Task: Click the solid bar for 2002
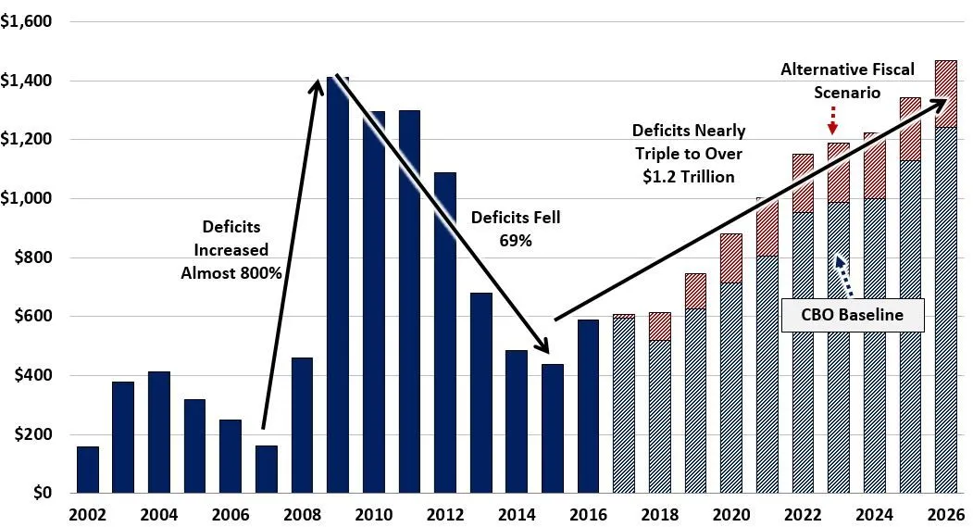click(x=88, y=470)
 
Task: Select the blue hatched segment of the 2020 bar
click(x=731, y=388)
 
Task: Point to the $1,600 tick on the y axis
click(x=27, y=21)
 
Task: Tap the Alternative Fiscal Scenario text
click(x=834, y=81)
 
